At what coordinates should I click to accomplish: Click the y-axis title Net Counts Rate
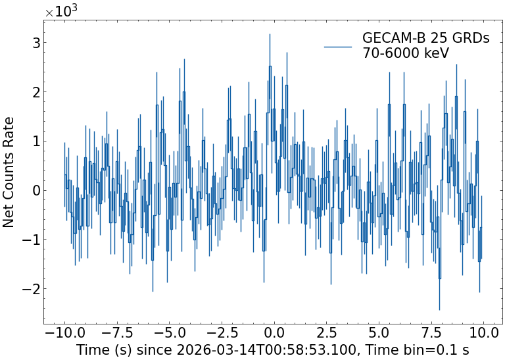click(x=9, y=172)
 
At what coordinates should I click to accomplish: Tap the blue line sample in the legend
click(x=339, y=46)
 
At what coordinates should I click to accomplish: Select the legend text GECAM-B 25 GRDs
click(x=425, y=38)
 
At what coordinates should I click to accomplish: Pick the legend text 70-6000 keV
click(x=406, y=54)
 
